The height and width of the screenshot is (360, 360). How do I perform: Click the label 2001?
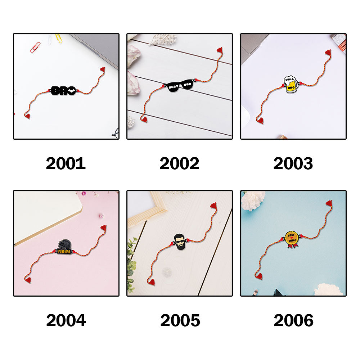[66, 163]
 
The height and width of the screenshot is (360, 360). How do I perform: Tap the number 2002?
[179, 163]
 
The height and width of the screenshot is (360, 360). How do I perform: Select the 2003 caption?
[293, 163]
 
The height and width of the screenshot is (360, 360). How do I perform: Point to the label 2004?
[66, 320]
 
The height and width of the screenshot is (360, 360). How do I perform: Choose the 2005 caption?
[180, 320]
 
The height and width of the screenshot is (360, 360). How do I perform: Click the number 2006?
[293, 320]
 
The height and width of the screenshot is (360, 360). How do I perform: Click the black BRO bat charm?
[63, 91]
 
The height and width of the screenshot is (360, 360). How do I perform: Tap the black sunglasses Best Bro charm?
[180, 86]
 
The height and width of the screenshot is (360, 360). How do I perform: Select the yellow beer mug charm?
[291, 84]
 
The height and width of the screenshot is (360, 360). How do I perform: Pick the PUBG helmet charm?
[64, 247]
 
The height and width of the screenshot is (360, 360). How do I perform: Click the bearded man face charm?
[179, 242]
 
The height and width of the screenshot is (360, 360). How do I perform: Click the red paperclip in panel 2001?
[35, 47]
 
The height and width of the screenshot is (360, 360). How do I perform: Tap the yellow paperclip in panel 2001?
[59, 39]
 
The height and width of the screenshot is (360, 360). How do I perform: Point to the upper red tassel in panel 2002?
[220, 50]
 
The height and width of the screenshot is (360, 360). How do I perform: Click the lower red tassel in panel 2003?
[260, 120]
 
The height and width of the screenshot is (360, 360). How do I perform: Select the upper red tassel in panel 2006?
[329, 203]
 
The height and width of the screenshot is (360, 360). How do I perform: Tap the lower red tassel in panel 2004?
[28, 280]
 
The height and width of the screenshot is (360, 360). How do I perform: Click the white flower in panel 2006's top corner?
[253, 200]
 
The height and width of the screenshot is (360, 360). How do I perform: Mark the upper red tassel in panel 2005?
[213, 206]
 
